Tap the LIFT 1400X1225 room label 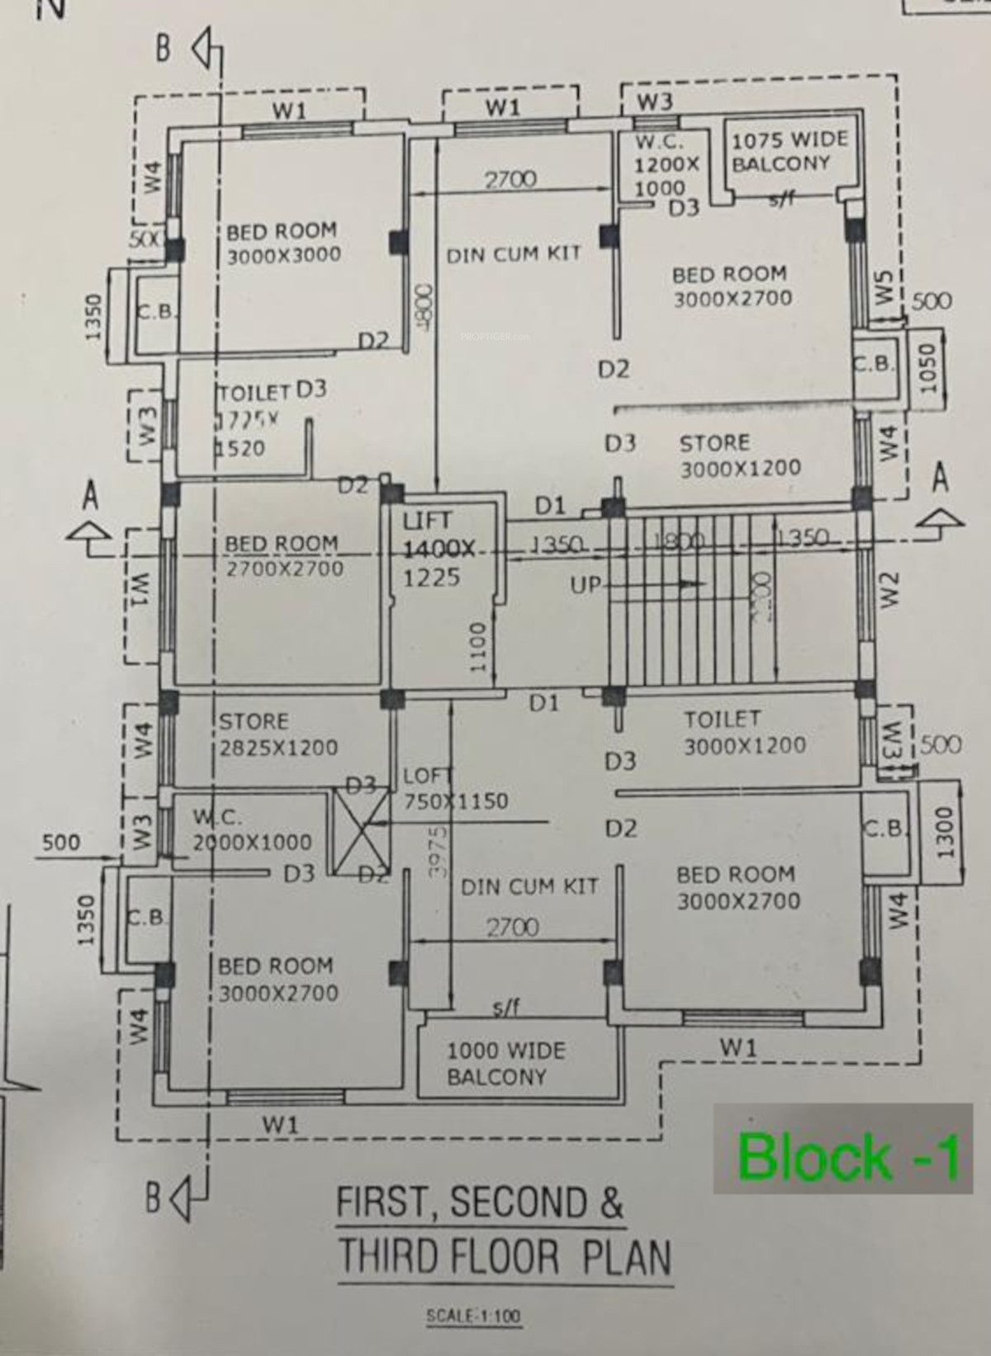438,549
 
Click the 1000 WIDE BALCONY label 505,1064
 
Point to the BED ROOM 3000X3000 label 282,243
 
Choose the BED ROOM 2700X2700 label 283,556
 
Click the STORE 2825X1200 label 277,735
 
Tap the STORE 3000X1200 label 739,456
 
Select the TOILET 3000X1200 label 743,732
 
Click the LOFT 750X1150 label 454,789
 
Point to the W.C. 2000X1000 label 251,830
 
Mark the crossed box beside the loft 360,831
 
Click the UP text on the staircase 586,585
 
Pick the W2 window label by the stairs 888,590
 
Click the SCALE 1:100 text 473,1316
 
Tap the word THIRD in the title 388,1257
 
